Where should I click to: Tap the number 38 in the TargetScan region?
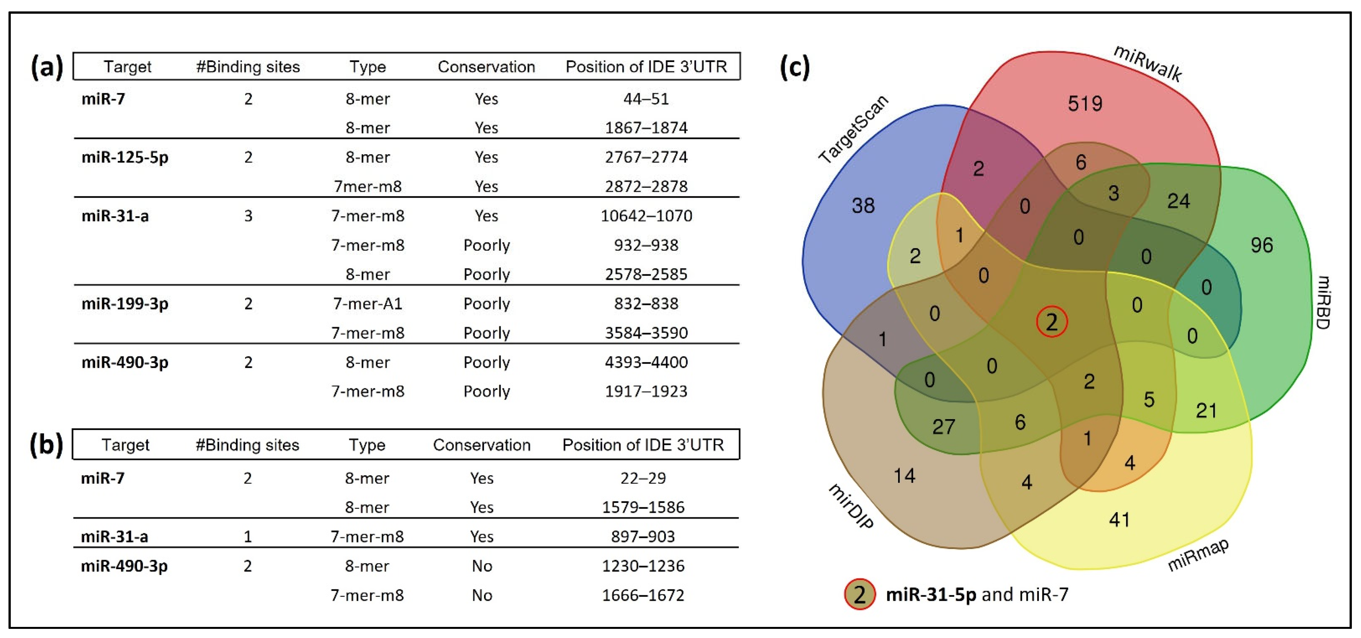click(863, 205)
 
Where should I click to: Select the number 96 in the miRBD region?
click(1261, 245)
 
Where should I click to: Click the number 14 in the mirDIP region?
click(904, 476)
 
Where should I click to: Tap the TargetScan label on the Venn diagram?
click(853, 129)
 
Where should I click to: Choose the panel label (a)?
click(46, 67)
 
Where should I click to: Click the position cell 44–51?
click(646, 99)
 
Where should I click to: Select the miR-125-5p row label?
click(125, 158)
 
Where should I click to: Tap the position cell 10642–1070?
click(646, 216)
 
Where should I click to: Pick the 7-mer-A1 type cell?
click(367, 304)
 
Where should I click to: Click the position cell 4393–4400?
click(646, 362)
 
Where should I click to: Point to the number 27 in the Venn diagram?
click(943, 427)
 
